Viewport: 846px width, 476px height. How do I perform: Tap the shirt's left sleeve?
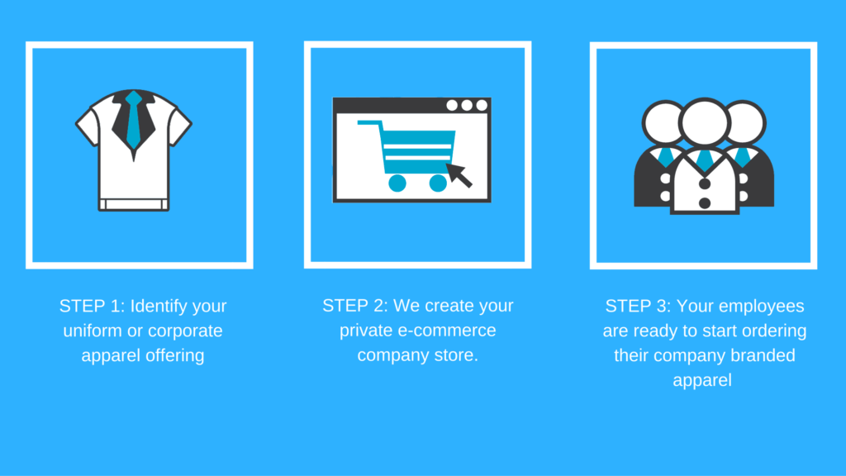(88, 125)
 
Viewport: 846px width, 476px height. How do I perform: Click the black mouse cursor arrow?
(459, 175)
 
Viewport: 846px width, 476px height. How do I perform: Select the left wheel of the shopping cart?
(397, 183)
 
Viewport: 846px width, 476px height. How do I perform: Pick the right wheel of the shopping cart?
(438, 183)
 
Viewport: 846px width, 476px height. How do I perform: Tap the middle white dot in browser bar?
(467, 105)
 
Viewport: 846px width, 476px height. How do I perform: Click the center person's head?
(705, 122)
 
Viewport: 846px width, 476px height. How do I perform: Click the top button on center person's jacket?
(704, 184)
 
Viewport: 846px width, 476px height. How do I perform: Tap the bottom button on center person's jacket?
(704, 203)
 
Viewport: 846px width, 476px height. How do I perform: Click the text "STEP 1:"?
(93, 306)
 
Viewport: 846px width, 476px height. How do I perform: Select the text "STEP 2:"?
(355, 306)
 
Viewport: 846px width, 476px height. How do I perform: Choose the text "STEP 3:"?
(639, 306)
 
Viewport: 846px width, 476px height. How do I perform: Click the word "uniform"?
(93, 331)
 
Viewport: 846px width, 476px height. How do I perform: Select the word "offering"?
(175, 356)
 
